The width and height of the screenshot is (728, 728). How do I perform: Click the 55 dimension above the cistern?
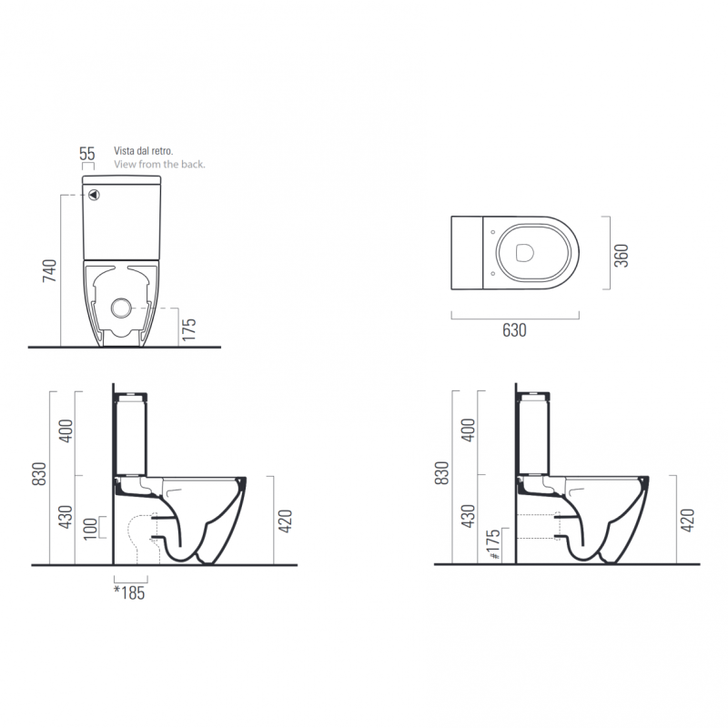click(86, 153)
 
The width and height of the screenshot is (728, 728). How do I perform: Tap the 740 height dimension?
click(49, 270)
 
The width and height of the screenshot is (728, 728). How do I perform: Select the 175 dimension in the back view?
click(189, 329)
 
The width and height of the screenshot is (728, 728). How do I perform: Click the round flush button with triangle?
click(95, 195)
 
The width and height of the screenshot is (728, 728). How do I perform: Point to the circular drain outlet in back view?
click(121, 308)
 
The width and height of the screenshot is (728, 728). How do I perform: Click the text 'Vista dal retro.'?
click(144, 151)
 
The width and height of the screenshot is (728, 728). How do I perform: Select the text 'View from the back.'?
click(159, 165)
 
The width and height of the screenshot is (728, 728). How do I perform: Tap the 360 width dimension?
click(622, 256)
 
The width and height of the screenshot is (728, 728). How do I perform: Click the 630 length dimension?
click(514, 330)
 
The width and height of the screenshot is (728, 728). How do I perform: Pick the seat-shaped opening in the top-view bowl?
click(525, 253)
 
